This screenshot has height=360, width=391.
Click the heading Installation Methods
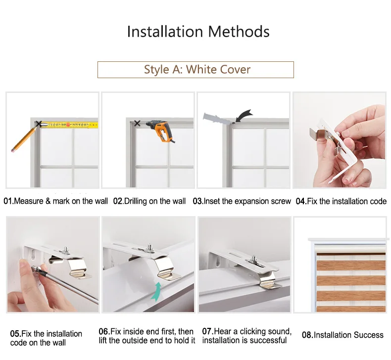pos(198,32)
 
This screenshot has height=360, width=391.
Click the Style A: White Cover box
pos(195,70)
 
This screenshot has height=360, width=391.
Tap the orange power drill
pos(160,131)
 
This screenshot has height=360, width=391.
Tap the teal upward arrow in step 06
pos(156,291)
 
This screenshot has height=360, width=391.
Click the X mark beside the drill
pos(137,123)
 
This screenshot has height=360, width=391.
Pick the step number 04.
pos(301,201)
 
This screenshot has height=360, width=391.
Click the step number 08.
pos(307,335)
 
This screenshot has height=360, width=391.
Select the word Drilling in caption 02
pos(135,201)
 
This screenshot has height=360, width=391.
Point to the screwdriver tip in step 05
pos(34,268)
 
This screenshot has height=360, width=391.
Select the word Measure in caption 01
pos(29,201)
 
